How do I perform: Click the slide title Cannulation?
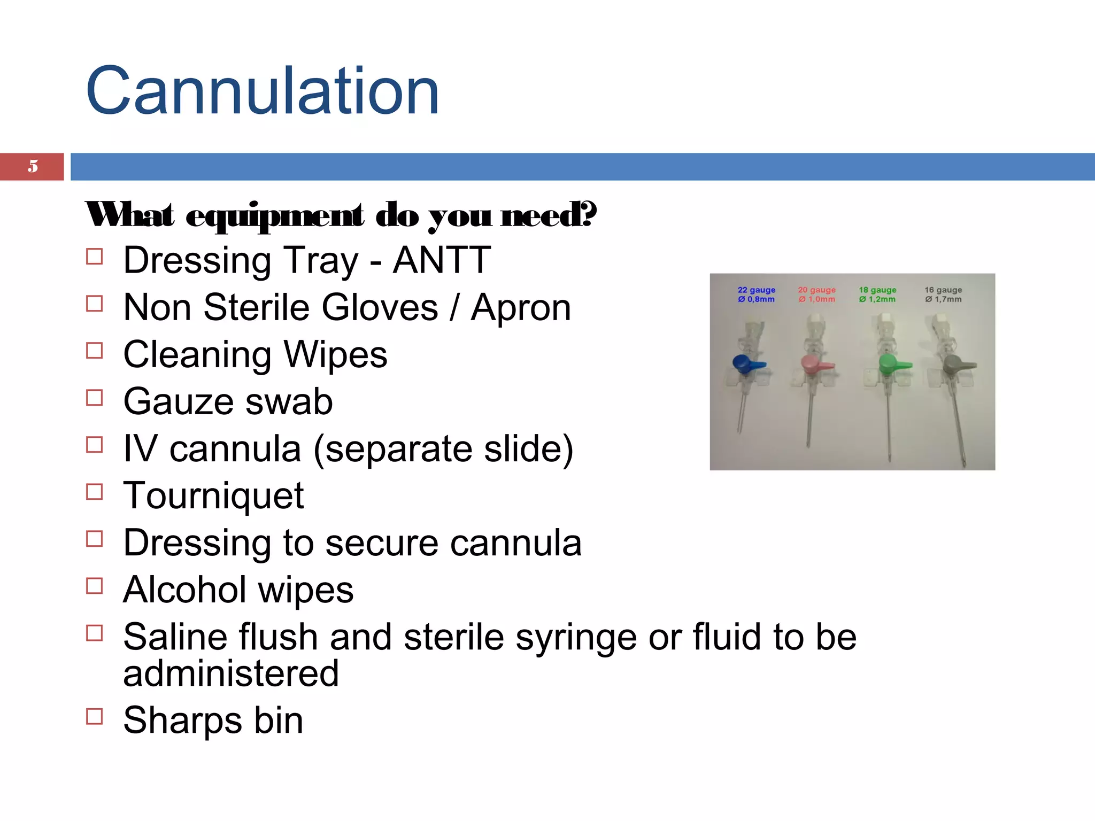point(262,91)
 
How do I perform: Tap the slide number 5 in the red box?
point(33,166)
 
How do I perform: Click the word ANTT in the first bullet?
point(442,260)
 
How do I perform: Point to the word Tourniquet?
point(213,496)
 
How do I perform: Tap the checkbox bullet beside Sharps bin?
point(94,716)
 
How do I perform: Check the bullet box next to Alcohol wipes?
point(94,586)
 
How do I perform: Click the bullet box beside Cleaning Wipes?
point(94,351)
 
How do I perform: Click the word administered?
point(231,673)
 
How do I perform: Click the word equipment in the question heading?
point(275,216)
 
